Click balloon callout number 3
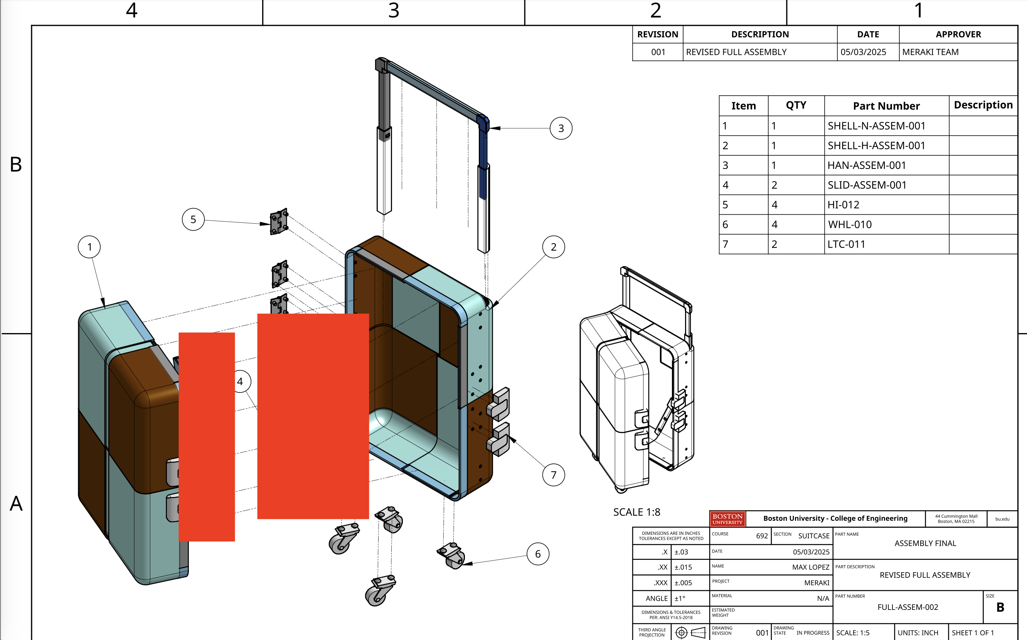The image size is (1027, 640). pyautogui.click(x=561, y=128)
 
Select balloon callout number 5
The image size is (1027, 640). pyautogui.click(x=193, y=219)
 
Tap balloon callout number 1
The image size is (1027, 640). pyautogui.click(x=89, y=247)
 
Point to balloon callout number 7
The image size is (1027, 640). pyautogui.click(x=554, y=475)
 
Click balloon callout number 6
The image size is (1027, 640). pyautogui.click(x=538, y=554)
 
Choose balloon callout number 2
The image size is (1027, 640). pyautogui.click(x=554, y=247)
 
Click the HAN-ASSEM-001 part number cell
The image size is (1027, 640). pyautogui.click(x=867, y=165)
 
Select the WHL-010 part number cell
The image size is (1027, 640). pyautogui.click(x=850, y=224)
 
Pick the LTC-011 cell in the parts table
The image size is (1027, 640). pyautogui.click(x=846, y=244)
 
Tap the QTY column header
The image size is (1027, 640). pyautogui.click(x=796, y=105)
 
